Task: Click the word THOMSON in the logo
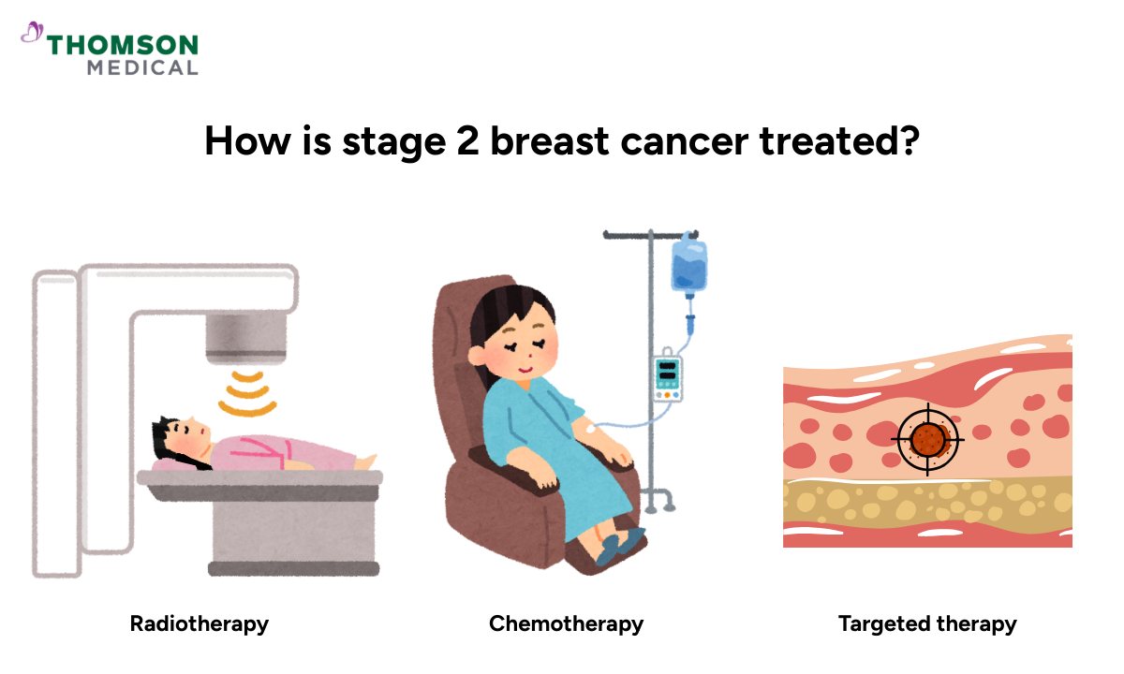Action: click(x=123, y=45)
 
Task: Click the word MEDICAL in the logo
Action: click(x=142, y=67)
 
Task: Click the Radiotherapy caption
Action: click(x=200, y=623)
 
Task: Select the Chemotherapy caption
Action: click(x=566, y=623)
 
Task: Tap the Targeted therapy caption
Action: click(x=927, y=623)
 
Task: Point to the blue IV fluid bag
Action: click(x=688, y=265)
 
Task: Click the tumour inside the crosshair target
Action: click(x=928, y=439)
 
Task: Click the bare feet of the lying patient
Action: click(x=368, y=462)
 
